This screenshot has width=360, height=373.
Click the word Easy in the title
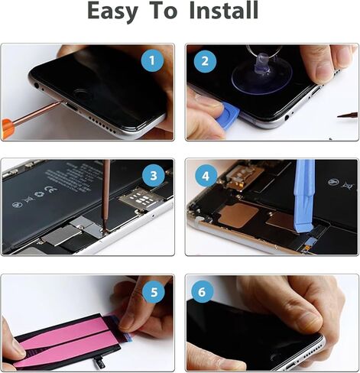(114, 13)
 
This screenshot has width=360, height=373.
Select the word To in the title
(163, 13)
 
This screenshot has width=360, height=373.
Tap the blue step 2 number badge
(206, 61)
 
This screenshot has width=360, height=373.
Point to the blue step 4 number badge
(206, 177)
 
